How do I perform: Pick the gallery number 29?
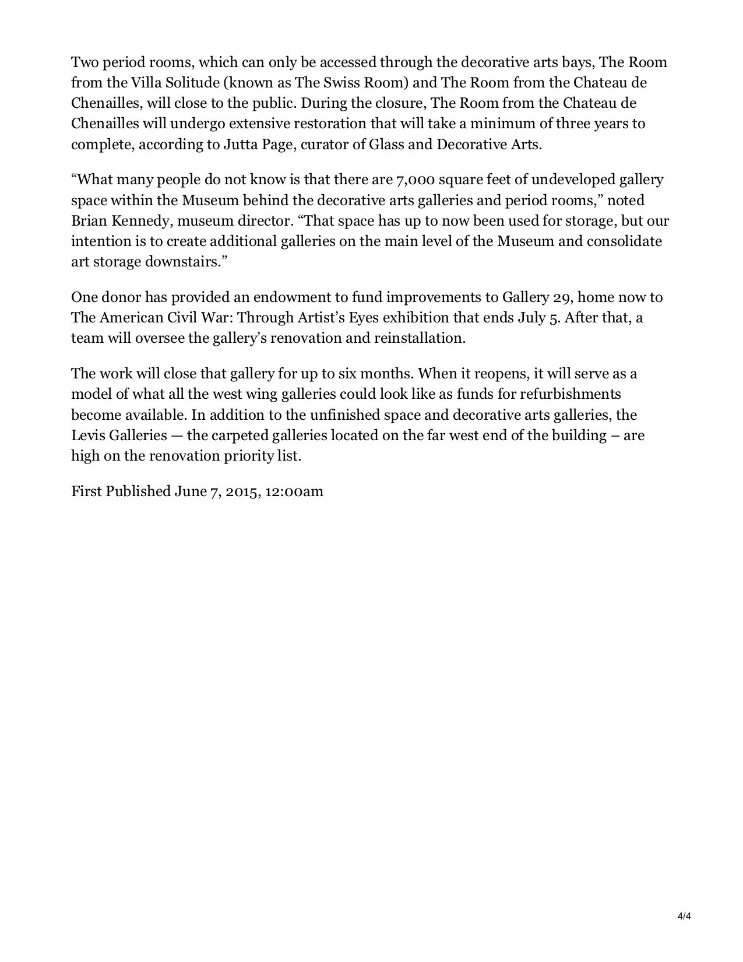[x=562, y=297]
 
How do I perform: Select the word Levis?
[x=88, y=436]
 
